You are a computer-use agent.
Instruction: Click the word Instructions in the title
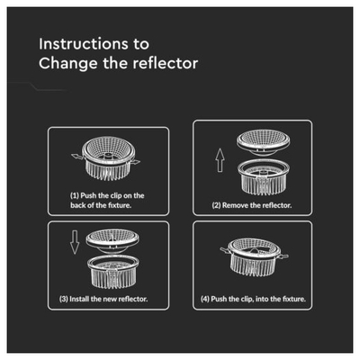[84, 44]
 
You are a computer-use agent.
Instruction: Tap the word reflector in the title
[166, 63]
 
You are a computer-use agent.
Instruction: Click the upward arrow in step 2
[220, 160]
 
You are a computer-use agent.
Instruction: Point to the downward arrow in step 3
[75, 242]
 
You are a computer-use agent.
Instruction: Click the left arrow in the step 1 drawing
[76, 157]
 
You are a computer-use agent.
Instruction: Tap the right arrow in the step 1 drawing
[135, 162]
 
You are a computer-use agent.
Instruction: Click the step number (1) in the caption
[75, 195]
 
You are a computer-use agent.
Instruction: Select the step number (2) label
[216, 205]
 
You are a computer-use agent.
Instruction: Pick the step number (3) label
[63, 299]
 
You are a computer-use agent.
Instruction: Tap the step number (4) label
[205, 299]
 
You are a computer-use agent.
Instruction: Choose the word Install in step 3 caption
[79, 299]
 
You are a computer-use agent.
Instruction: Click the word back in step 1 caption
[78, 205]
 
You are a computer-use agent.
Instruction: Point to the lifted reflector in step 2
[263, 142]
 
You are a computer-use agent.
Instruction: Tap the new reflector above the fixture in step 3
[112, 241]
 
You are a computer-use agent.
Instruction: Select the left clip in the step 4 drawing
[224, 249]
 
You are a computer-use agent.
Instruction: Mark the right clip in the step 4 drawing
[283, 256]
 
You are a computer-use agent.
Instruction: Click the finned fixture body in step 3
[113, 272]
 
